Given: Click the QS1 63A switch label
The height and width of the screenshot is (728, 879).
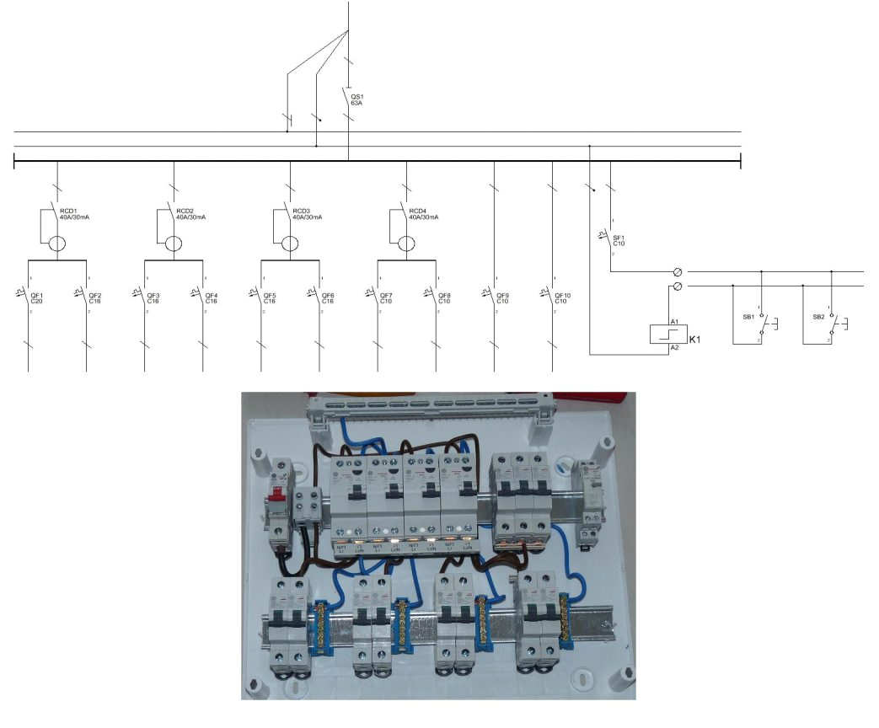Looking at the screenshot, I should click(x=356, y=99).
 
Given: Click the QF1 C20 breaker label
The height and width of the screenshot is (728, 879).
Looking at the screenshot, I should click(x=37, y=297).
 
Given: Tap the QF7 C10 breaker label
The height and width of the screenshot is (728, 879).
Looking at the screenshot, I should click(x=386, y=297).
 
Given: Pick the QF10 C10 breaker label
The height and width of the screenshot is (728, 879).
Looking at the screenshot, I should click(x=562, y=297).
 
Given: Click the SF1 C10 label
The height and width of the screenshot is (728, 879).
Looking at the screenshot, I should click(x=619, y=239).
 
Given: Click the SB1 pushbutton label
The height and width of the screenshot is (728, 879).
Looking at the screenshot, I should click(x=746, y=318).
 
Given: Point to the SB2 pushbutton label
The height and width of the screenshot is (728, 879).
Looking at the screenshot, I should click(x=817, y=318).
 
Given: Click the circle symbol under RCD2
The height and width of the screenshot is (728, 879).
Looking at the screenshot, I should click(x=173, y=244).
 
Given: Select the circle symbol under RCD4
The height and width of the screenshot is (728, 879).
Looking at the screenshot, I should click(x=406, y=244).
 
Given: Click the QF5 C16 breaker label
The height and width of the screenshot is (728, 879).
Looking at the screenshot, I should click(x=270, y=297).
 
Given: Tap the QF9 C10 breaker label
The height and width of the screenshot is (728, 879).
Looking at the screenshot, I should click(x=502, y=297).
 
